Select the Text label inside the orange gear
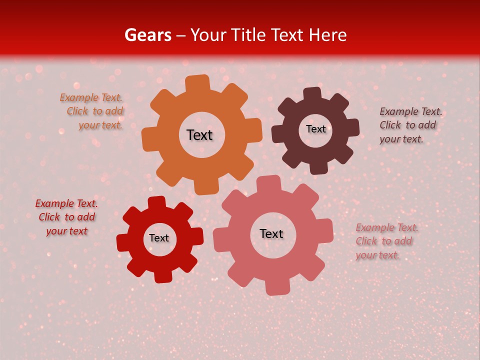coord(199,135)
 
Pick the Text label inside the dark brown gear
coord(315,129)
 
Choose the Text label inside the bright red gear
coord(159,238)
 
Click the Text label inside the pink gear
coord(271,234)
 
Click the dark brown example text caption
coord(410,125)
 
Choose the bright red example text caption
coord(66,217)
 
